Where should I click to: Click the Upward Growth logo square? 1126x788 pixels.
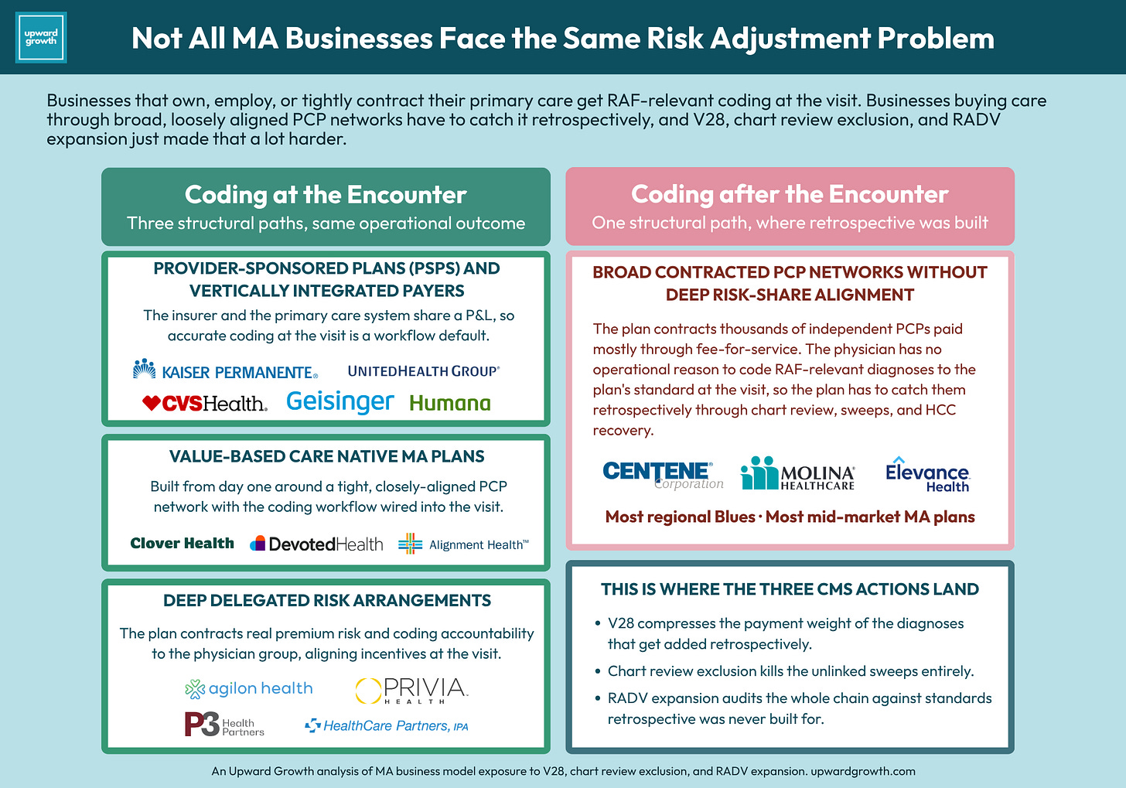click(41, 38)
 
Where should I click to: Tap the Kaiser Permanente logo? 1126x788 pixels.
click(225, 370)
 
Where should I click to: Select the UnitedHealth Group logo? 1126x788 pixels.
click(424, 371)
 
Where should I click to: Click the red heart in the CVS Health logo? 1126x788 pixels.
click(152, 403)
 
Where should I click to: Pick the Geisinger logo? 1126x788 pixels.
click(340, 402)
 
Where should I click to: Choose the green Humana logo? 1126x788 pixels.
click(450, 403)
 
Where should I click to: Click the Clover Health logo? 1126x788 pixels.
click(182, 544)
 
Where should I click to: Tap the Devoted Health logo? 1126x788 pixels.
click(316, 544)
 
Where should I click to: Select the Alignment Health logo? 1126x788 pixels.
click(463, 544)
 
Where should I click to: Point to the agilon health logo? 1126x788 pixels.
click(249, 688)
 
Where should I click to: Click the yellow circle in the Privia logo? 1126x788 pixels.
click(368, 691)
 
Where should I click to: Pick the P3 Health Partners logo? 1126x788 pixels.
click(224, 725)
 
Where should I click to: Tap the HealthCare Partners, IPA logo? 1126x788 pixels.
click(387, 725)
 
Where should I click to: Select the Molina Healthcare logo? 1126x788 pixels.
click(797, 473)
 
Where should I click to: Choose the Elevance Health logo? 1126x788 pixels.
click(927, 474)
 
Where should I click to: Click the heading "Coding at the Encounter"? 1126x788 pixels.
click(326, 195)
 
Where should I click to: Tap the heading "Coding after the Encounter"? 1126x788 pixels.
click(790, 194)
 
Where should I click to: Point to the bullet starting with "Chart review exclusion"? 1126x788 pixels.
click(785, 671)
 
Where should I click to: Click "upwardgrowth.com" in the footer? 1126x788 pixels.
click(863, 772)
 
